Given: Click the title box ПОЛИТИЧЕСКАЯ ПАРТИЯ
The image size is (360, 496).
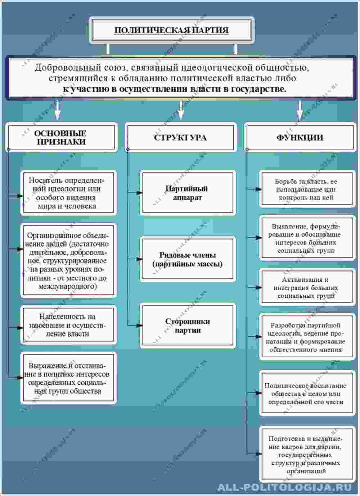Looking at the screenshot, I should click(x=171, y=30).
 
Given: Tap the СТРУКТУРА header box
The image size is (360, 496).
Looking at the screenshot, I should click(x=180, y=137).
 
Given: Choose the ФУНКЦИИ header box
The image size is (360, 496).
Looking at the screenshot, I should click(x=300, y=137).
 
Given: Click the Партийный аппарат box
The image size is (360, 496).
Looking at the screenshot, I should click(x=187, y=193).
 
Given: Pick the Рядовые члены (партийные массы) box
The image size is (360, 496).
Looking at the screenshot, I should click(x=187, y=259).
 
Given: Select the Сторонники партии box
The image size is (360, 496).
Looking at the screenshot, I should click(x=187, y=326).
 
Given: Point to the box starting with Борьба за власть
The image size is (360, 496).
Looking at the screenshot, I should click(x=306, y=189).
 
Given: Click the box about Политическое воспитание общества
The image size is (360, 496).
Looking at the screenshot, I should click(x=306, y=393).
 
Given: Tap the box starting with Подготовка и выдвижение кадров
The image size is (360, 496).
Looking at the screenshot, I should click(x=306, y=455).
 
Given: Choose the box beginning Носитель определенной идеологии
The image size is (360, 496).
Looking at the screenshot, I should click(x=68, y=193).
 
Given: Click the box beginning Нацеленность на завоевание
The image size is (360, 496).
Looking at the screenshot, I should click(x=68, y=325).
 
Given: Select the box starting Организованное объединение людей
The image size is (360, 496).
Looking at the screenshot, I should click(x=68, y=261).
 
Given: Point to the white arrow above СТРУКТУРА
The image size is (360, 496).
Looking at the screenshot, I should click(x=181, y=110).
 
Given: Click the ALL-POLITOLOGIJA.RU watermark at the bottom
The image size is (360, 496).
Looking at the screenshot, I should click(x=284, y=487).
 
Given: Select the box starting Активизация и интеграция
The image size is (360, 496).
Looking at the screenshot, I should click(x=306, y=287).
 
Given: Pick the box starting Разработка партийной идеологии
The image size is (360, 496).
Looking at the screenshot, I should click(x=306, y=337).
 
